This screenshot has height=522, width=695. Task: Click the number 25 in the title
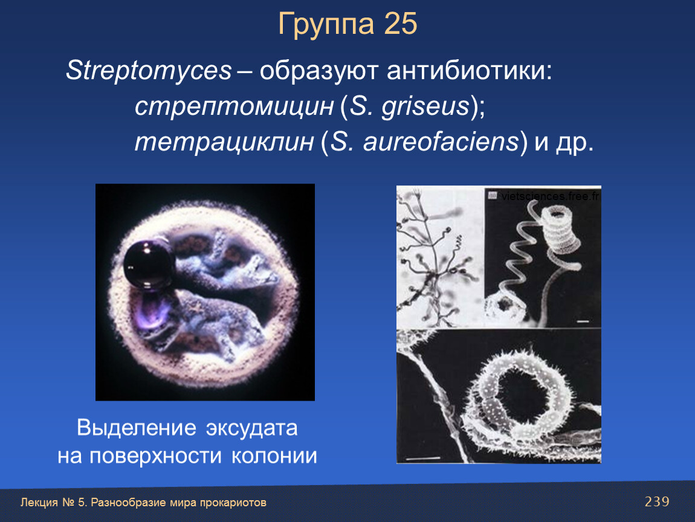tap(401, 24)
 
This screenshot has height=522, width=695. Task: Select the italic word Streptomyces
tap(149, 71)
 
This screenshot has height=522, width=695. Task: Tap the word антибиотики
tap(470, 71)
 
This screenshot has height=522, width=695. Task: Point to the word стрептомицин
tap(234, 107)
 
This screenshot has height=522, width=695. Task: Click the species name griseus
tap(425, 107)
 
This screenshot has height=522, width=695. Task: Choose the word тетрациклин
tap(224, 143)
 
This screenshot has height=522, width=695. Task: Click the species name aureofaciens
tap(441, 142)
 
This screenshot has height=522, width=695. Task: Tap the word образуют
tap(318, 72)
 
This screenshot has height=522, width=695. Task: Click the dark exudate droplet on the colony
tap(149, 265)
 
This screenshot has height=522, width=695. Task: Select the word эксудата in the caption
tap(251, 428)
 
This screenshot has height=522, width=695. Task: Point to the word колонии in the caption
tap(274, 456)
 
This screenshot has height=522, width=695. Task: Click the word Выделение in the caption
tap(137, 428)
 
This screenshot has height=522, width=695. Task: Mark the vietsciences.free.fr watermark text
tap(551, 196)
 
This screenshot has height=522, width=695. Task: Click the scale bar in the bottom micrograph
tap(423, 458)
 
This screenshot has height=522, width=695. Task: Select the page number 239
tap(657, 501)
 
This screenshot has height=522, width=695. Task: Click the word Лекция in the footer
tap(39, 503)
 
